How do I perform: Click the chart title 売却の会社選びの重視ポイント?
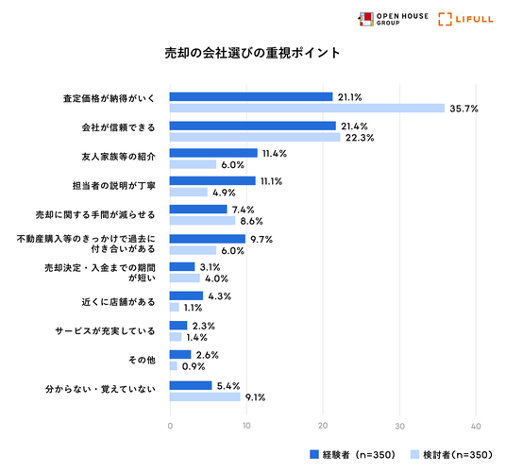(252, 53)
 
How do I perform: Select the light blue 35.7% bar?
(307, 108)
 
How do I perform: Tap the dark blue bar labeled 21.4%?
(253, 126)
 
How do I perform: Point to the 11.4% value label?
(275, 153)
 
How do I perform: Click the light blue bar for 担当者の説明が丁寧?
(189, 193)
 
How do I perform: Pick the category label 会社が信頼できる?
(118, 127)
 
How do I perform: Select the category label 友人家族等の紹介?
(118, 157)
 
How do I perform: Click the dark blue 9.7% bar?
(208, 239)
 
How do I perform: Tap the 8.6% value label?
(251, 221)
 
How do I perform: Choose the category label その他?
(142, 360)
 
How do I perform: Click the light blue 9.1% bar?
(205, 396)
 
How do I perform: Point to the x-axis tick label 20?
(323, 426)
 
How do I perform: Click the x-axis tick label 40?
(476, 426)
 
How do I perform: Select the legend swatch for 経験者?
(314, 454)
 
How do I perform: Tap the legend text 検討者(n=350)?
(458, 455)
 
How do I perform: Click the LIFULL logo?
(465, 19)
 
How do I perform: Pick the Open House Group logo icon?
(366, 19)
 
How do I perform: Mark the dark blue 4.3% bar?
(186, 295)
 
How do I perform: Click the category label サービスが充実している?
(105, 331)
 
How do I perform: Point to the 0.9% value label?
(194, 366)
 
